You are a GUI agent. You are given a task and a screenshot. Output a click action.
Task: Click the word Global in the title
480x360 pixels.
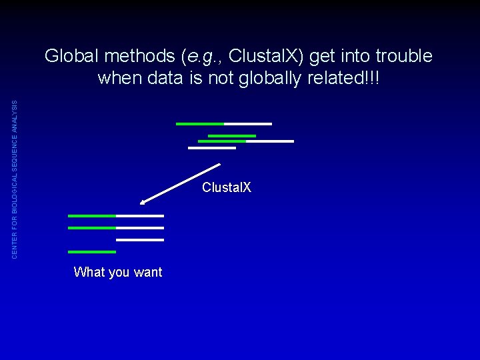(67, 56)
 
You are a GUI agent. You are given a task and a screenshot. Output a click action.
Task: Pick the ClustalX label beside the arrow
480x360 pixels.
(227, 187)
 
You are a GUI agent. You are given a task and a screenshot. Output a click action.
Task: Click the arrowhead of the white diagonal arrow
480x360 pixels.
(144, 201)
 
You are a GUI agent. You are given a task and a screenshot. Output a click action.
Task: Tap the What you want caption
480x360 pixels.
(118, 272)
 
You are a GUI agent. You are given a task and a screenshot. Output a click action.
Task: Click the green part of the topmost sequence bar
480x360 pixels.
(200, 124)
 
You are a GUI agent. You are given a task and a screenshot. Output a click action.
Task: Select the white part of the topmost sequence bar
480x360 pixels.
(248, 124)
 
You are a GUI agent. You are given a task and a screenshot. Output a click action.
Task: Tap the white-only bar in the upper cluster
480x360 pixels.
(212, 148)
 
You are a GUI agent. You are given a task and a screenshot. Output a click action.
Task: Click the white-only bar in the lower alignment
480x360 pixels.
(140, 240)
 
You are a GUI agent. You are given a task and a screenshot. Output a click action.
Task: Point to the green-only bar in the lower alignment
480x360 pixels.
(92, 252)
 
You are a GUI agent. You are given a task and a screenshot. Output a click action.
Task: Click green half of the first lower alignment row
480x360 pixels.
(92, 216)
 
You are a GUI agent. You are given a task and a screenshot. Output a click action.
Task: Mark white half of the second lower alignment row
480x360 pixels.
(140, 228)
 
